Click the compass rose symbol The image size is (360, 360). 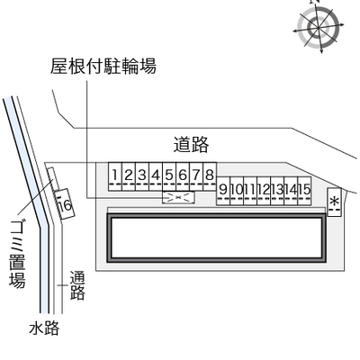[x=319, y=28]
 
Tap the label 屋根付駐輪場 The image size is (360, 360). [x=103, y=66]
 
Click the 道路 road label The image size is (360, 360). [x=191, y=145]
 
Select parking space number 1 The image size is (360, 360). [x=115, y=176]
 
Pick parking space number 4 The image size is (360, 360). [x=156, y=176]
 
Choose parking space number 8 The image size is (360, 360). [x=210, y=176]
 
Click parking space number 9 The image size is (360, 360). [x=223, y=191]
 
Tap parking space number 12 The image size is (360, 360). [x=264, y=191]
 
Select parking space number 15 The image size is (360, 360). [x=304, y=191]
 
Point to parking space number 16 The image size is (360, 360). [x=65, y=204]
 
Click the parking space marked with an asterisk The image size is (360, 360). [x=334, y=202]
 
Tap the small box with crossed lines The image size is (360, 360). [x=178, y=197]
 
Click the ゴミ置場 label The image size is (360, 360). [x=17, y=255]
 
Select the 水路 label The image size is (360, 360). [x=44, y=328]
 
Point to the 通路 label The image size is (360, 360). [x=77, y=285]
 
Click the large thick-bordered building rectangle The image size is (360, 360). [x=217, y=238]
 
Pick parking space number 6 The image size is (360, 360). [x=183, y=176]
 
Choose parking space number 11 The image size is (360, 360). [x=250, y=191]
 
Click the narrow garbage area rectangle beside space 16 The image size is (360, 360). [x=53, y=179]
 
